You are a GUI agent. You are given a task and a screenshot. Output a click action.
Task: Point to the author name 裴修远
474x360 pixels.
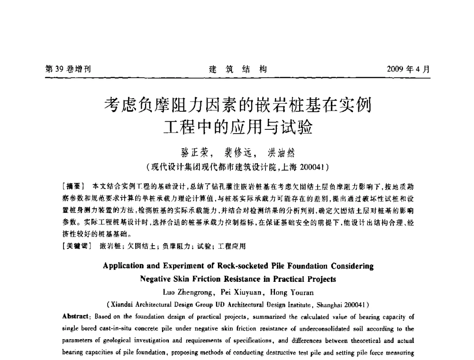[x=237, y=153]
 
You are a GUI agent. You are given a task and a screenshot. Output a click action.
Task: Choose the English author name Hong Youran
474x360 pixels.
[x=291, y=291]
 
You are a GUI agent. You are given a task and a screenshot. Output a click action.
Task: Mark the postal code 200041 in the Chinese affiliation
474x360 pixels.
[x=310, y=166]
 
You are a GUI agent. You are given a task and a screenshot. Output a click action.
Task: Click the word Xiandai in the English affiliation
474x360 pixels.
[x=124, y=304]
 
